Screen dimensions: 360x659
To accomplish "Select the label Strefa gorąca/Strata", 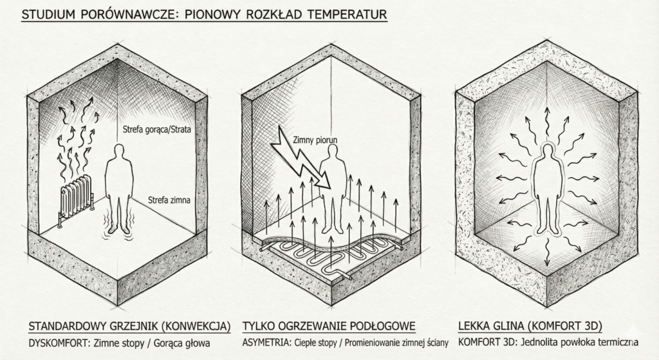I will click(157, 130).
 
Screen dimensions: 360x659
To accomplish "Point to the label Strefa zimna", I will click(169, 200).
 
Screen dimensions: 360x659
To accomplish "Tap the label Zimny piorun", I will click(315, 138).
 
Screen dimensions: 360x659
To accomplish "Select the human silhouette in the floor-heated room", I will click(333, 190).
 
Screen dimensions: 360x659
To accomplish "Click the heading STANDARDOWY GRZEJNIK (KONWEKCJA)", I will click(129, 325).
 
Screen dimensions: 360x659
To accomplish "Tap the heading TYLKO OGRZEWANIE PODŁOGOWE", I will click(328, 325).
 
